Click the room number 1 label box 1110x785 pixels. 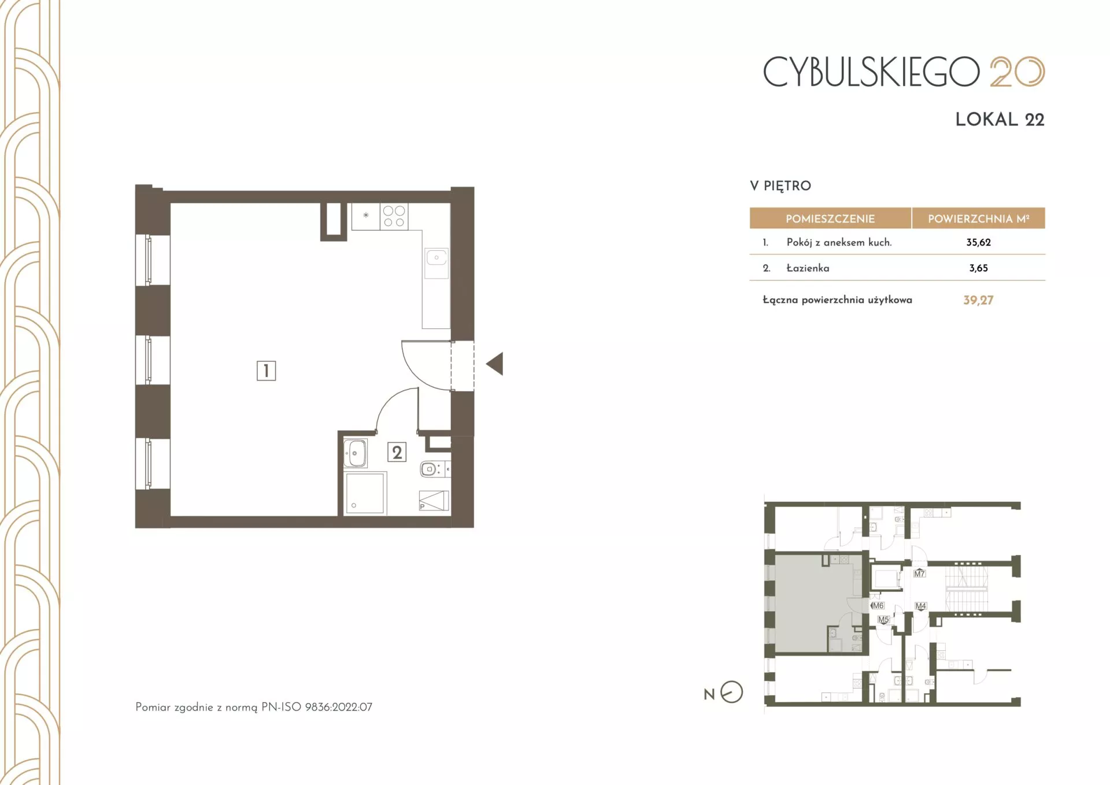point(266,371)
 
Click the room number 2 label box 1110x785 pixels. point(397,452)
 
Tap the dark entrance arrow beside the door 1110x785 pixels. point(495,364)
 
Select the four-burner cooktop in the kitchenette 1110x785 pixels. point(394,216)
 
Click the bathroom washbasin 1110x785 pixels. point(355,453)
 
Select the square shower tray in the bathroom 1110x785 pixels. point(365,493)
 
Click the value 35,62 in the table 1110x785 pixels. point(978,242)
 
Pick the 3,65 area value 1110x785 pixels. point(978,268)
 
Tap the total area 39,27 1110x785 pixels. point(978,300)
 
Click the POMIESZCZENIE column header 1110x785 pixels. point(830,219)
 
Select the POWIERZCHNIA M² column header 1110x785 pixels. point(979,219)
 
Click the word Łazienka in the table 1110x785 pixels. point(808,268)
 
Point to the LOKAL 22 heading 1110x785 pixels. point(1000,119)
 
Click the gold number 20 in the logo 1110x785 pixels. point(1017,72)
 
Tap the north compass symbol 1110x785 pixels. point(731,692)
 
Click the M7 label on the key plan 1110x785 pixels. point(919,573)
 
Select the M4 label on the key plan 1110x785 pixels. point(920,606)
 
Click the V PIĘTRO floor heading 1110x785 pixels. point(780,186)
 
